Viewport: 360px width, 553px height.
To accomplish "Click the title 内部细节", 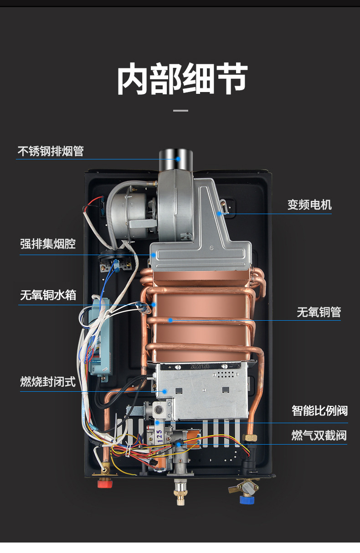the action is click(x=182, y=79).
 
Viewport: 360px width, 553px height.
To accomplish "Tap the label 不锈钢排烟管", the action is click(x=51, y=151).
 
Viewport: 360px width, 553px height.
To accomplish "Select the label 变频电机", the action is click(x=309, y=205).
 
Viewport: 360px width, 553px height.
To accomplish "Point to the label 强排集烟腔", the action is click(x=48, y=244).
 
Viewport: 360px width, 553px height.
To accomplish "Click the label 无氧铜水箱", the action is click(x=48, y=296).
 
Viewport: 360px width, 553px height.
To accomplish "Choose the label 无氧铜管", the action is click(x=319, y=312).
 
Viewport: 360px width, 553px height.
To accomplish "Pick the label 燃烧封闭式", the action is click(x=48, y=381).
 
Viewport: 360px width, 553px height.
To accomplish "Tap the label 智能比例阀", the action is click(x=319, y=410).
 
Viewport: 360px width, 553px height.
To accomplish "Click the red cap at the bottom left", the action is click(x=105, y=483).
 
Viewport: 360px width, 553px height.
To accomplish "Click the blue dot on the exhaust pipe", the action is click(x=179, y=159).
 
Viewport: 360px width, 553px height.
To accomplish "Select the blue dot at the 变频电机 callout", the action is click(x=219, y=213).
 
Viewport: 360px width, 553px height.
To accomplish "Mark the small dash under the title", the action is click(x=181, y=111).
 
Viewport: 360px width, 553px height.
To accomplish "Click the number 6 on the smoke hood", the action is click(x=211, y=249).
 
